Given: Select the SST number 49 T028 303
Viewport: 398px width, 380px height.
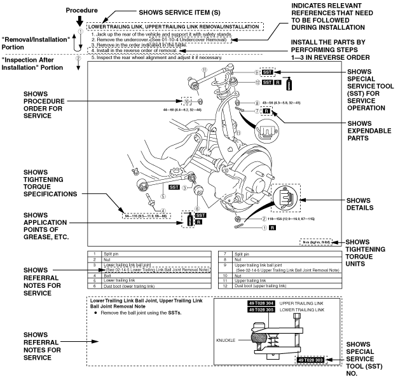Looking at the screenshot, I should coord(311,359).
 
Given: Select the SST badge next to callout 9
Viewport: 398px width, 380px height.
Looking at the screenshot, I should coord(267,72).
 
